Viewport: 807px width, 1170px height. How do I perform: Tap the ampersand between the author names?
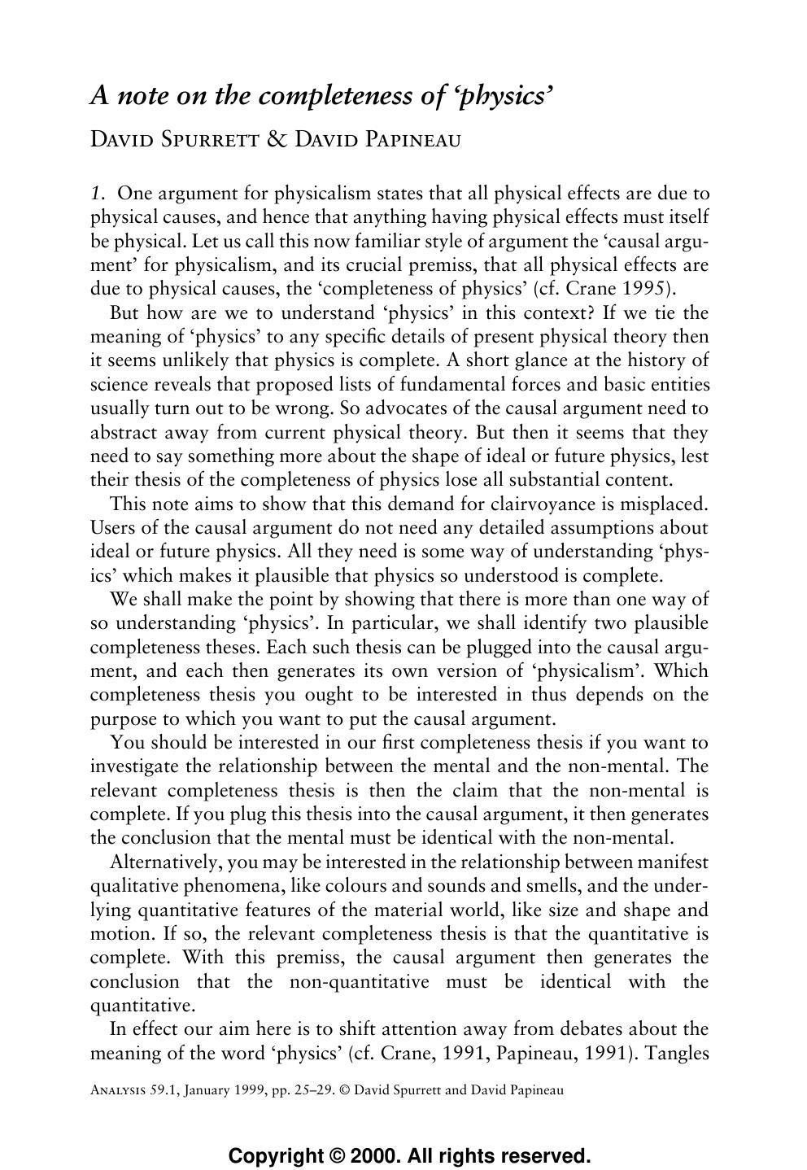[x=277, y=140]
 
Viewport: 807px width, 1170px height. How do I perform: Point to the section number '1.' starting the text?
[x=98, y=194]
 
